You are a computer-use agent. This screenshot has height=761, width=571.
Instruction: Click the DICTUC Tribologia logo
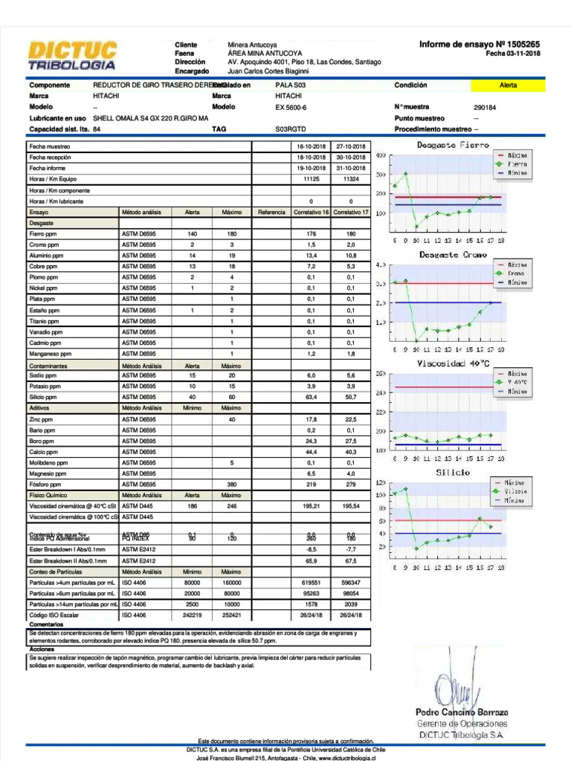click(x=72, y=56)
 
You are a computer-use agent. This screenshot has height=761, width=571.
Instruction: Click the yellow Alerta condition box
click(x=509, y=85)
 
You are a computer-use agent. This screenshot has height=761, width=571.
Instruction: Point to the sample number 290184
click(x=485, y=108)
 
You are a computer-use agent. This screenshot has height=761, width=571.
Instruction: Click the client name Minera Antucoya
click(x=252, y=45)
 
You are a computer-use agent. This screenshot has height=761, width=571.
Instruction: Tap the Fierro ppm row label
click(x=42, y=234)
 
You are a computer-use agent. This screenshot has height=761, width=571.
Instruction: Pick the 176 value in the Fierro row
click(x=311, y=234)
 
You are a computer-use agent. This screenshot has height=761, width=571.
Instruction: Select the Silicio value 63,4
click(x=311, y=398)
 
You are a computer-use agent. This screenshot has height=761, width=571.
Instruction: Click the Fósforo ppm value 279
click(x=350, y=485)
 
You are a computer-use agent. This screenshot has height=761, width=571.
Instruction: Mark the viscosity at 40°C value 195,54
click(x=350, y=506)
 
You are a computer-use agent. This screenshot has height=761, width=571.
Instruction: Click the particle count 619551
click(x=311, y=583)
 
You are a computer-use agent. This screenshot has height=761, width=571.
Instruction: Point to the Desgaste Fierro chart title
click(x=454, y=145)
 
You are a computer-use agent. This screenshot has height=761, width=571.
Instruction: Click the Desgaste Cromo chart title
click(x=453, y=255)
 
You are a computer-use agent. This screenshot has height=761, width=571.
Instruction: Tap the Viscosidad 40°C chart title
click(x=453, y=363)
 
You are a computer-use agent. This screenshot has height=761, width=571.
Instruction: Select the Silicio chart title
click(x=453, y=473)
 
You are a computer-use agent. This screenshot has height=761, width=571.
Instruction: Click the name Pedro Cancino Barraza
click(x=462, y=713)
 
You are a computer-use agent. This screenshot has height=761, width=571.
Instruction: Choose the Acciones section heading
click(x=42, y=650)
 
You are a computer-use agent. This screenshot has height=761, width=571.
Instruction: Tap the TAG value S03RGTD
click(x=291, y=129)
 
